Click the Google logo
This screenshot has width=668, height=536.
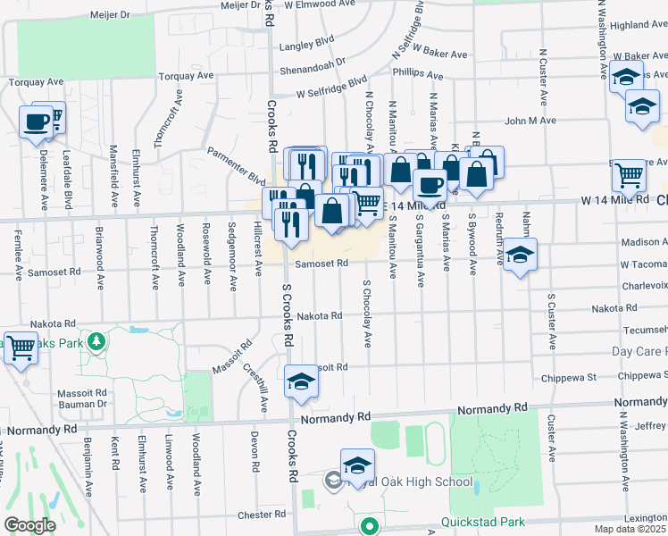click(29, 525)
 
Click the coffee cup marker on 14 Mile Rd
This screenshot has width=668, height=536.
click(430, 186)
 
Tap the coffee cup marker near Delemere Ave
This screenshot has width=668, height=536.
click(37, 121)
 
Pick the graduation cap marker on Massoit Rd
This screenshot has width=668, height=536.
click(302, 381)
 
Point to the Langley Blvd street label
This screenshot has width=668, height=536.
click(306, 41)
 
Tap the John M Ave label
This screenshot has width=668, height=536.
click(530, 120)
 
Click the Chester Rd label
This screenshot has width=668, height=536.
click(262, 515)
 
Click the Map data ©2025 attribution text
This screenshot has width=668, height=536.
click(630, 529)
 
